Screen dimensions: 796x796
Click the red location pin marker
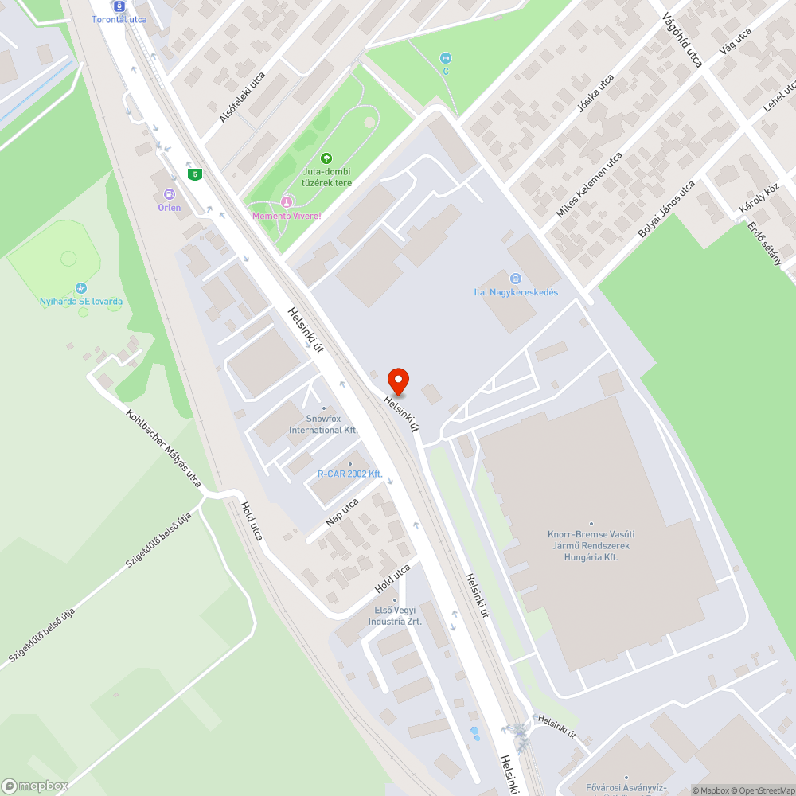coord(397,380)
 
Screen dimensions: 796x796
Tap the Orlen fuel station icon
coord(169,194)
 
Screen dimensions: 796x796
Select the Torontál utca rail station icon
coord(119,6)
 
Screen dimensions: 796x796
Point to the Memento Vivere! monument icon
coord(287,202)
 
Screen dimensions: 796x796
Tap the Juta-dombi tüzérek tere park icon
coord(326,159)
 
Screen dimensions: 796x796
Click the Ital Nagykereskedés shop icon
coord(516,279)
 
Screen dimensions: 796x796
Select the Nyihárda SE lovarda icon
coord(80,288)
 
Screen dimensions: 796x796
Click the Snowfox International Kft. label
coord(323,424)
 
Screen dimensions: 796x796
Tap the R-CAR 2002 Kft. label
coord(350,474)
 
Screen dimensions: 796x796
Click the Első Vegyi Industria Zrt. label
coord(395,615)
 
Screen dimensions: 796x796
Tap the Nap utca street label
coord(342,513)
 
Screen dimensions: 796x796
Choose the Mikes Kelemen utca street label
coord(589,185)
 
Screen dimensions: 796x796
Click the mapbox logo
coord(35,786)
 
